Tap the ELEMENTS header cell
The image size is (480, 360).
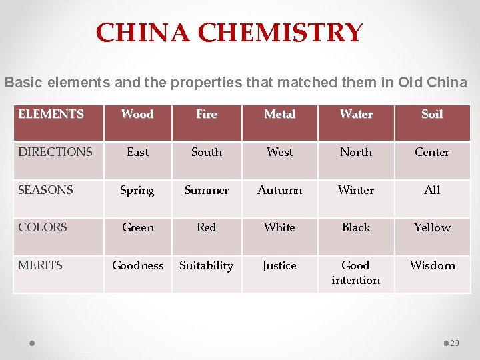[51, 114]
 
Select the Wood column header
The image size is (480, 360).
[137, 114]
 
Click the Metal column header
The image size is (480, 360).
[279, 114]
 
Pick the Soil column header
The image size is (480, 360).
[432, 114]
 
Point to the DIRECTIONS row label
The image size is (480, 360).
[55, 152]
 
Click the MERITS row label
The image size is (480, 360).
[40, 265]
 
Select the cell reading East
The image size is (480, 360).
[137, 152]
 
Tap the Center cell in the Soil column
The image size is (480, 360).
[432, 152]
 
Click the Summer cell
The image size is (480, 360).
[207, 190]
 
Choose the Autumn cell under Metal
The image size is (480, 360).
[279, 190]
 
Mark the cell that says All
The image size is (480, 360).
[432, 190]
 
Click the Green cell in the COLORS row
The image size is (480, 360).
[137, 227]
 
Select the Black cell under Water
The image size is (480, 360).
[355, 227]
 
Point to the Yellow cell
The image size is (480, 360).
[432, 227]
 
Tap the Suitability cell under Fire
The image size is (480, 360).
[207, 265]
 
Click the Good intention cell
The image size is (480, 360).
[355, 273]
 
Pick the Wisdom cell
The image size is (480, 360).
[432, 265]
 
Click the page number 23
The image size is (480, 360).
[455, 343]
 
